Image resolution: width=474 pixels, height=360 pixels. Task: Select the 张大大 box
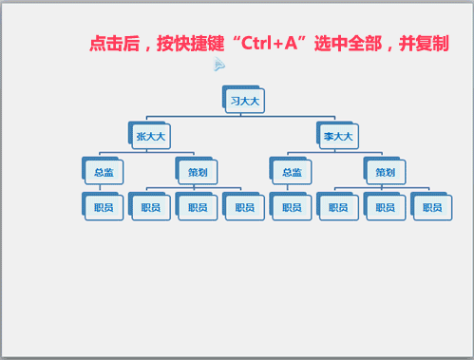click(x=151, y=137)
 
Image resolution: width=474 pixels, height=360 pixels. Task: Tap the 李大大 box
click(x=338, y=137)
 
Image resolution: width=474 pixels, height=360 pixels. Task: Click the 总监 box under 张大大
click(x=104, y=172)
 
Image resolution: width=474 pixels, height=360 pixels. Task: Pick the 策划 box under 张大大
click(x=198, y=172)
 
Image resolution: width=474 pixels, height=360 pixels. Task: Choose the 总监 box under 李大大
click(x=292, y=172)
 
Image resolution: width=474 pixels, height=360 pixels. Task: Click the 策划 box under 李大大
click(x=385, y=172)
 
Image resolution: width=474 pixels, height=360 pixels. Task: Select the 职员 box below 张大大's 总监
click(x=104, y=207)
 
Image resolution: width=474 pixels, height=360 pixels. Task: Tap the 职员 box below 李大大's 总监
click(x=292, y=207)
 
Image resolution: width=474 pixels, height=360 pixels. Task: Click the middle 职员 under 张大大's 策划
click(x=198, y=207)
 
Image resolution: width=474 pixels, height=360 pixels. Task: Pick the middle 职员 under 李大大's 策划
click(x=385, y=207)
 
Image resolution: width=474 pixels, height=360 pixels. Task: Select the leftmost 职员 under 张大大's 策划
click(x=151, y=207)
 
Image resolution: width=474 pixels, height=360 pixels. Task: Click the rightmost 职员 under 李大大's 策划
click(x=432, y=207)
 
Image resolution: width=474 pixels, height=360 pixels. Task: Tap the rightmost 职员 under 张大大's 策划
click(x=245, y=207)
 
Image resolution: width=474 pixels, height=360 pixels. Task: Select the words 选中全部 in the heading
click(x=352, y=45)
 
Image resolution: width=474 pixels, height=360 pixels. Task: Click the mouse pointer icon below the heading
click(x=219, y=65)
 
